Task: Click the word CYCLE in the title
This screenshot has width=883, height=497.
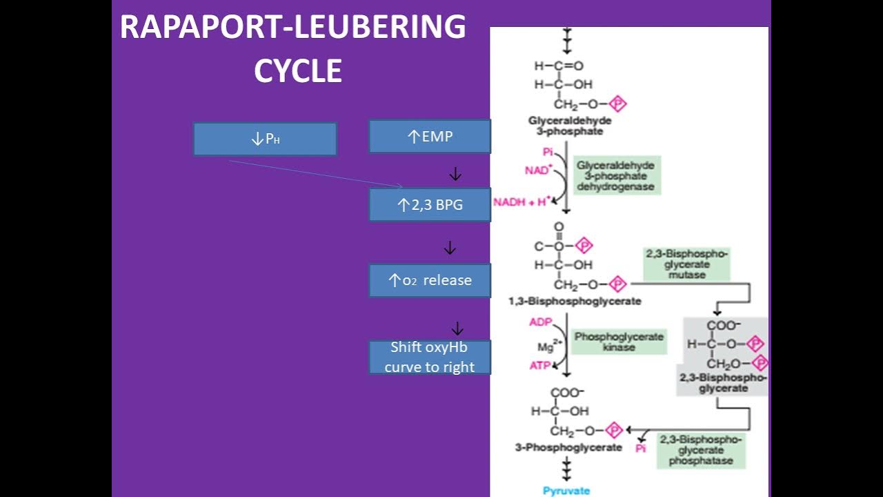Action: [x=298, y=71]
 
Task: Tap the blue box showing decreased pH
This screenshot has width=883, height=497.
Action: [x=265, y=139]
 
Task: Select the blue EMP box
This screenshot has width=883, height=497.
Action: [x=430, y=137]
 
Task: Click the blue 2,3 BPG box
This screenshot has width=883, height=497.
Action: [x=430, y=205]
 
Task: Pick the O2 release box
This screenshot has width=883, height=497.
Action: [x=430, y=280]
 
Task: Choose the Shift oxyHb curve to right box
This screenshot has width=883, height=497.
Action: [x=430, y=357]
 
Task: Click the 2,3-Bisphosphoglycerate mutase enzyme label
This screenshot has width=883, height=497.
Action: [x=686, y=264]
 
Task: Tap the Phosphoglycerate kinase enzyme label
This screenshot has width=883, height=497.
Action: [x=619, y=342]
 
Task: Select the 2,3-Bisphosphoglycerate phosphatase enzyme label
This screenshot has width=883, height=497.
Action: [x=700, y=450]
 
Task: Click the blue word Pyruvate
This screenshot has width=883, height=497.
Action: [x=566, y=491]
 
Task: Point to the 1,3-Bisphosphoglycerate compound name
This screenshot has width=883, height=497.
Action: [x=575, y=301]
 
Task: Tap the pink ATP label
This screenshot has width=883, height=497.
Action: [x=540, y=366]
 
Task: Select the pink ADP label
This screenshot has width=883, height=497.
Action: [x=540, y=322]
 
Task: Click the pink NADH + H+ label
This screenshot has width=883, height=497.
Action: [x=522, y=202]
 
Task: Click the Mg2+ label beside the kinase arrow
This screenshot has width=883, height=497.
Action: [x=545, y=345]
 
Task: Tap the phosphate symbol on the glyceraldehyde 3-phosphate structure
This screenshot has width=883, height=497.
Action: [x=618, y=104]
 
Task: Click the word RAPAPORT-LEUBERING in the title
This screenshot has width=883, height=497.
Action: [x=293, y=28]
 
